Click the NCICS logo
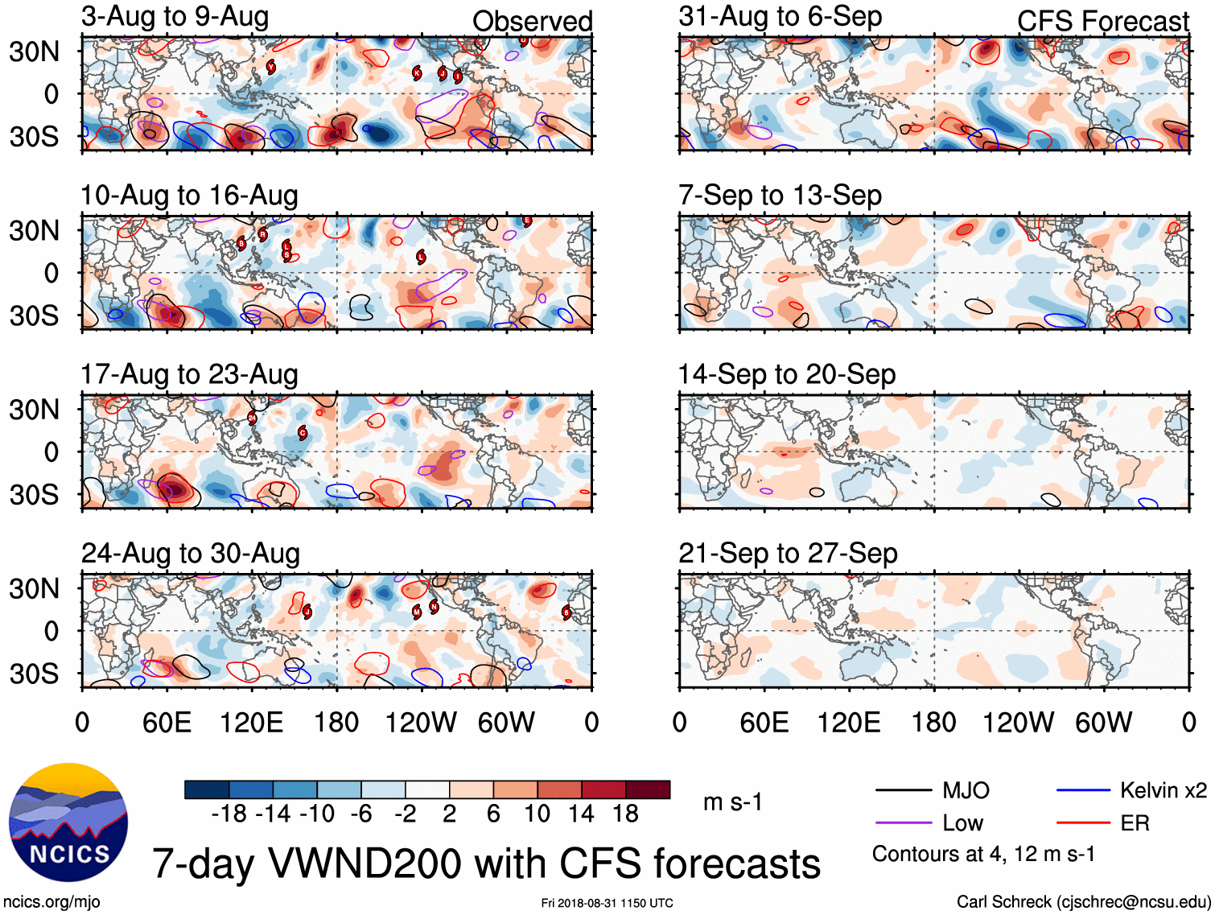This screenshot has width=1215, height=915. (68, 822)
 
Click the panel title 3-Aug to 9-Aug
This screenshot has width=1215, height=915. (175, 17)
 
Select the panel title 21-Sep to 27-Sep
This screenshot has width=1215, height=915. (788, 554)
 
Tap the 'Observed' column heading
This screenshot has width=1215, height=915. (532, 22)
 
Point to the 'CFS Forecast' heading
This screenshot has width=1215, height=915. (1102, 22)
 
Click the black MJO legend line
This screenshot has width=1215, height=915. (903, 790)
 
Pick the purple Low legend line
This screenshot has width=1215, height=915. (903, 823)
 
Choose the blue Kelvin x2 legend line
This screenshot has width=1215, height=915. (1083, 790)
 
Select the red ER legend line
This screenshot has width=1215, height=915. (1083, 823)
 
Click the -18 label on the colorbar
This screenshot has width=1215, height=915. (229, 814)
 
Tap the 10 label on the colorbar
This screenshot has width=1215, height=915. (537, 814)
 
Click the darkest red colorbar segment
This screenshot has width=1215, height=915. (648, 789)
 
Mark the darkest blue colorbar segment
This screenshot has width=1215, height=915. (207, 789)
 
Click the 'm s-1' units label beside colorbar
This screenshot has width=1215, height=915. (732, 802)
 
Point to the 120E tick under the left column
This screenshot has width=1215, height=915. (252, 723)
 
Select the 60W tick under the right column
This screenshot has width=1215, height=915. (1103, 723)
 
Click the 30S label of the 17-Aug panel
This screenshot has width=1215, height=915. (34, 494)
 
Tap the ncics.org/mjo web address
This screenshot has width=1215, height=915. (51, 902)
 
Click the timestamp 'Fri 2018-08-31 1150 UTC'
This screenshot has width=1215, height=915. (607, 903)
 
